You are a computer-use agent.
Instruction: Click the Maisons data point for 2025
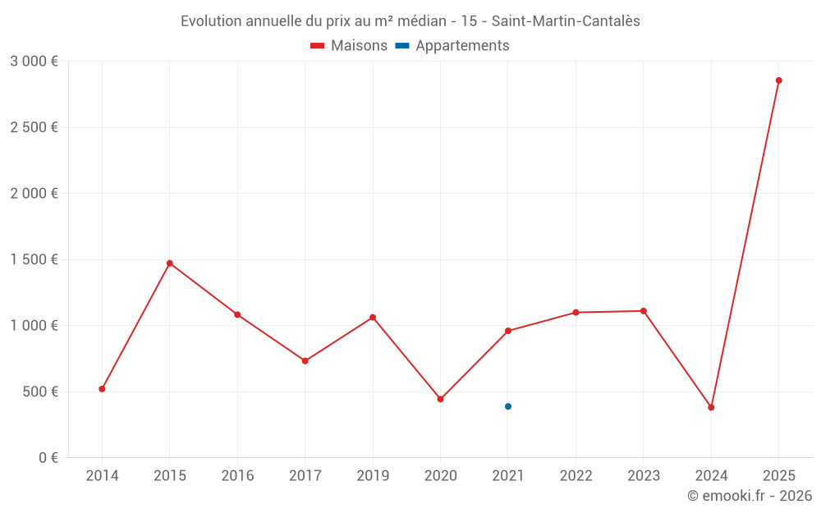point(778,80)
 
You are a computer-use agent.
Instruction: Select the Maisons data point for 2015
point(170,263)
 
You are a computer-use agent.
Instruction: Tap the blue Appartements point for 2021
point(508,406)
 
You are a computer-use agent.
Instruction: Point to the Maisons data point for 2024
point(711,407)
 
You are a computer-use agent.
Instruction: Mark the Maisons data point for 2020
point(440,399)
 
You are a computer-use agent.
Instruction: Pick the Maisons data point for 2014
point(102,389)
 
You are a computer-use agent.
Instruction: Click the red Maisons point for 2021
point(508,331)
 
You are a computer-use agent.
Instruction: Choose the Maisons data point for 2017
point(305,361)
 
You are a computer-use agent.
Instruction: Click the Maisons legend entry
point(349,46)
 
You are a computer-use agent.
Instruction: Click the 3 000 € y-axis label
point(34,62)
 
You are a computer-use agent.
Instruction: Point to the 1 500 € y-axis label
point(34,259)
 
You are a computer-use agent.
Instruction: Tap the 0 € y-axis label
point(47,458)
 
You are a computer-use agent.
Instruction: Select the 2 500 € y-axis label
point(34,127)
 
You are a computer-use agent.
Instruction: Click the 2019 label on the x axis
point(373,476)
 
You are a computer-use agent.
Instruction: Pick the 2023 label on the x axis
point(643,476)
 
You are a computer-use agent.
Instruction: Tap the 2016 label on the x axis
point(237,476)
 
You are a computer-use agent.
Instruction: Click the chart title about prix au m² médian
point(410,21)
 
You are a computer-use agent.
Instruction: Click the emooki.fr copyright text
point(749,496)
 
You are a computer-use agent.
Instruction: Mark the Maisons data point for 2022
point(576,313)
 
